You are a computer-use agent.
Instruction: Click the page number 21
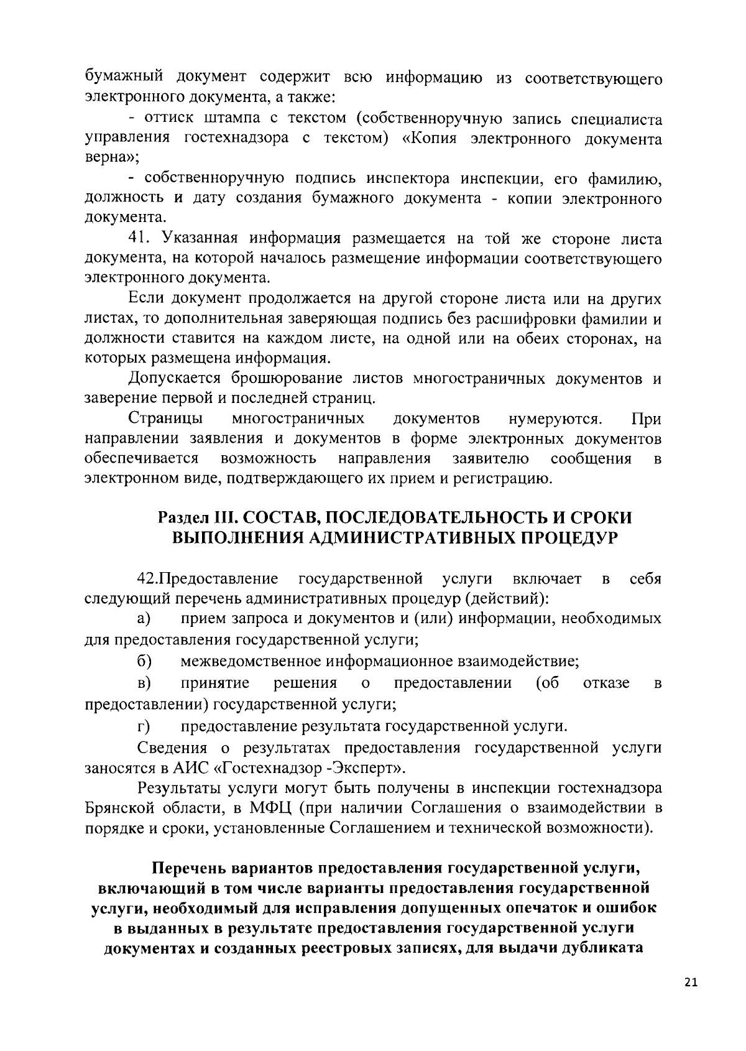click(691, 983)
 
